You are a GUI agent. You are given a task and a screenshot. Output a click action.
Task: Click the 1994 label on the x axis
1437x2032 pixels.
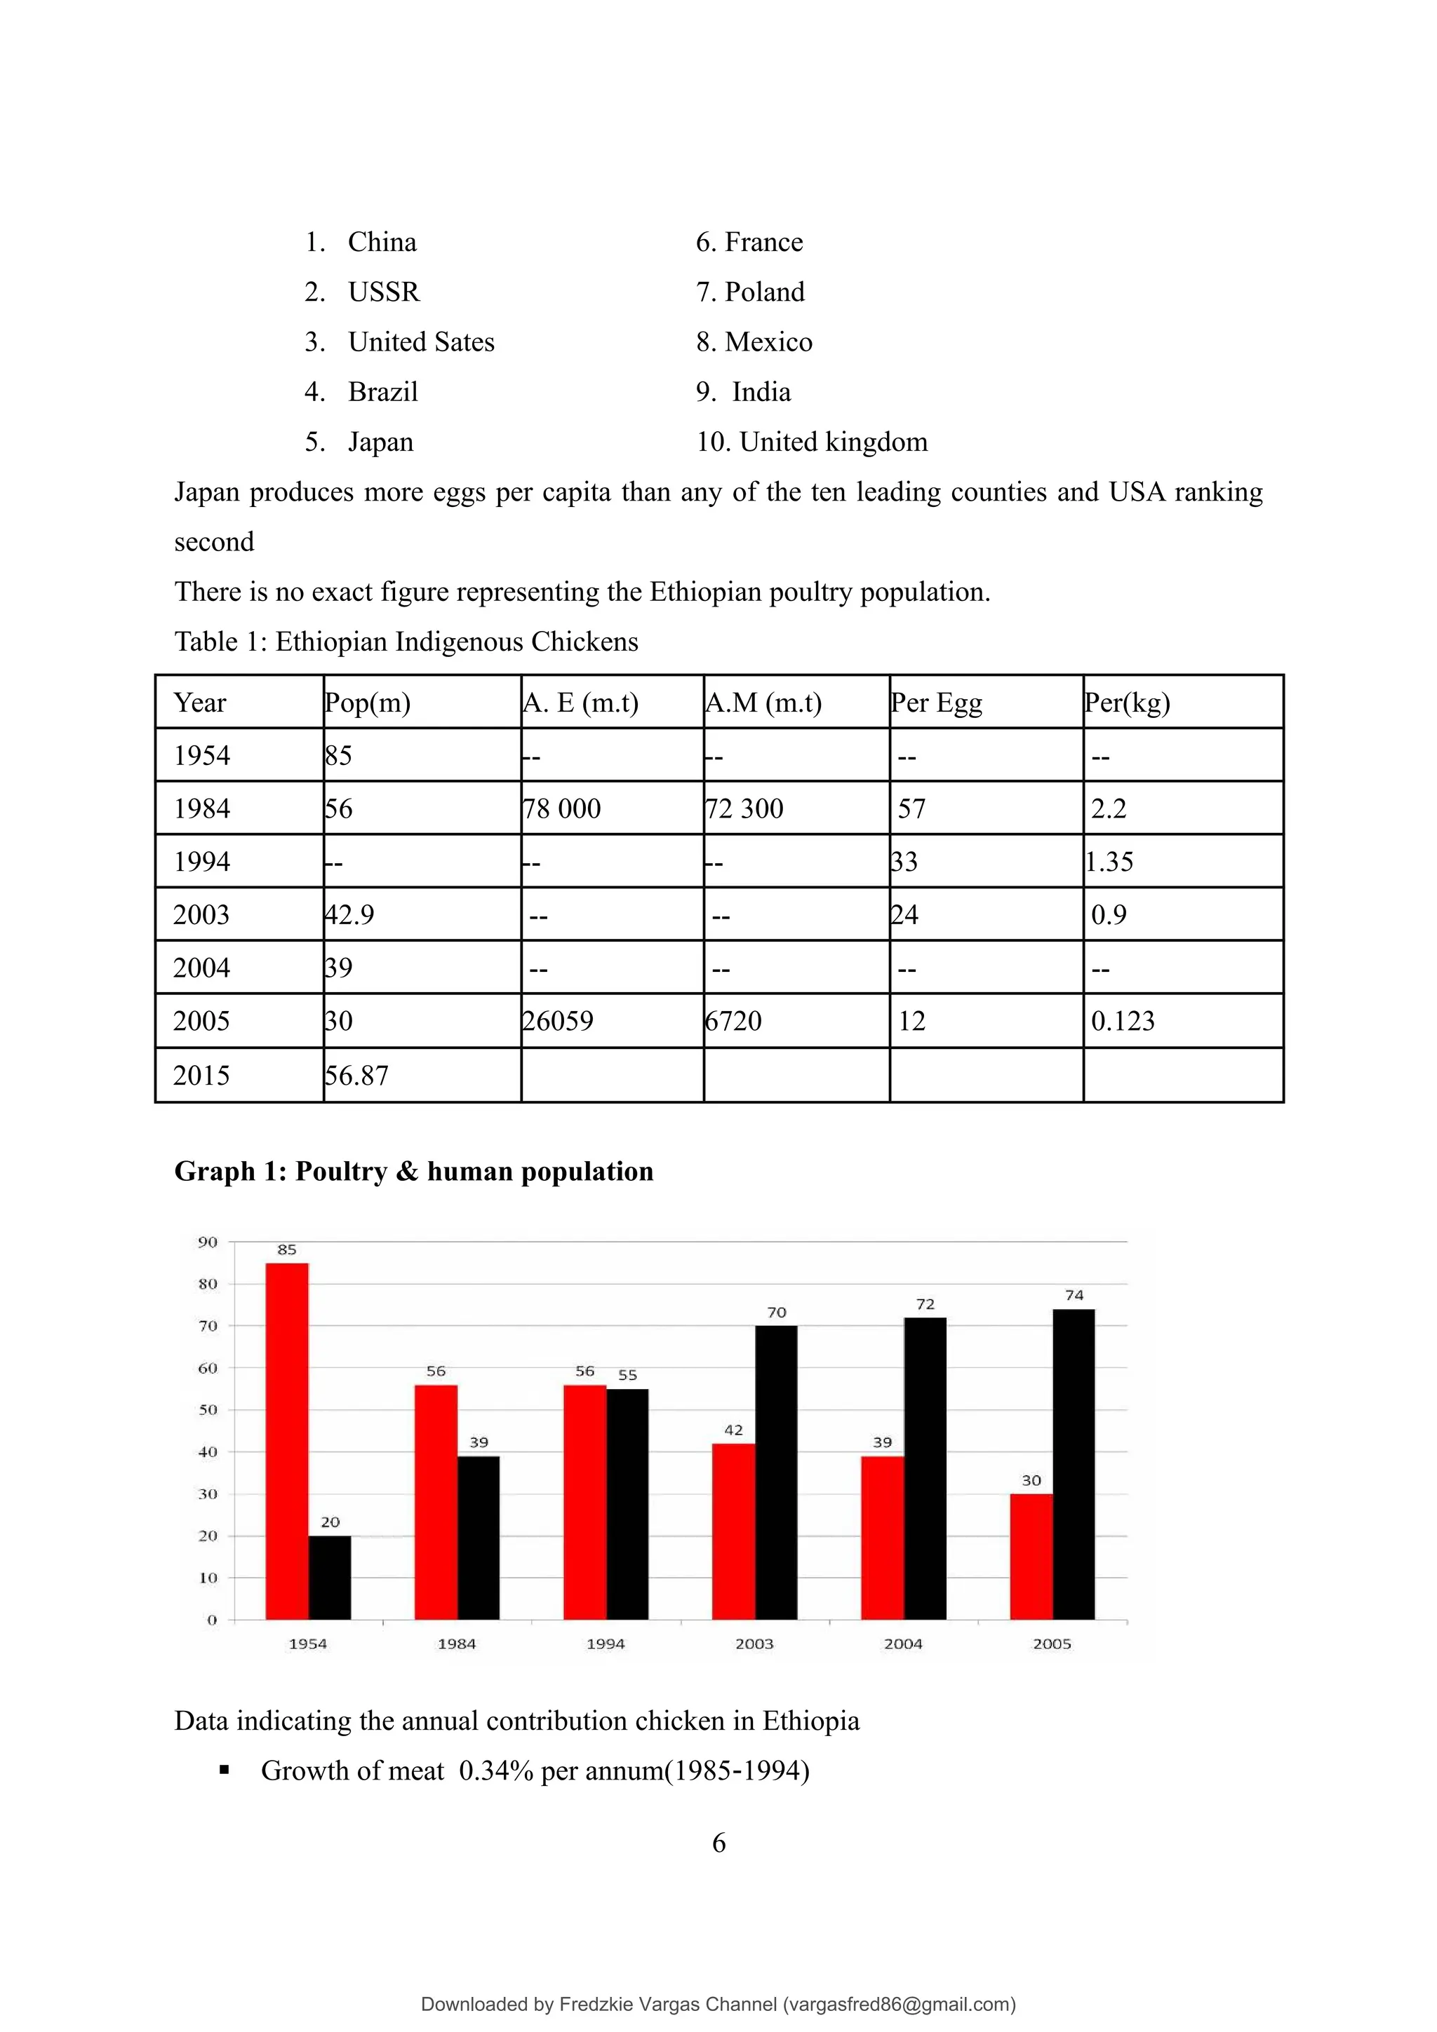click(x=606, y=1644)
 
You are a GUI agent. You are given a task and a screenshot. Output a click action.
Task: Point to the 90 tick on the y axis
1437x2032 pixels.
click(x=207, y=1242)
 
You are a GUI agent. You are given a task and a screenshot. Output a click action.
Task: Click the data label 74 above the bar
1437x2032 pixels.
click(x=1074, y=1295)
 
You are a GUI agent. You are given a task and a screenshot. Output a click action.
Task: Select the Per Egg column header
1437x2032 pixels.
click(x=937, y=703)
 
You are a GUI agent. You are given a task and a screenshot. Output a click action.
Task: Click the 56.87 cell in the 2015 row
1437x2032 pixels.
click(x=357, y=1076)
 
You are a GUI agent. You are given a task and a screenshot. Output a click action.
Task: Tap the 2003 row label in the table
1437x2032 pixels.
click(x=202, y=914)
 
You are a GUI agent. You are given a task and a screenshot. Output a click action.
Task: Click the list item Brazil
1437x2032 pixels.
click(x=382, y=392)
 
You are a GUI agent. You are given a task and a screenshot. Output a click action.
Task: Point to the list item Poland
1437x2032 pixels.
click(x=764, y=292)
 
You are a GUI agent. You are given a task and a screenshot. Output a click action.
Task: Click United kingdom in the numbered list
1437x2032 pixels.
click(x=832, y=442)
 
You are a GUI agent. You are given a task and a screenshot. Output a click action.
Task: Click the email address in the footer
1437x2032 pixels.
click(x=899, y=2004)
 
